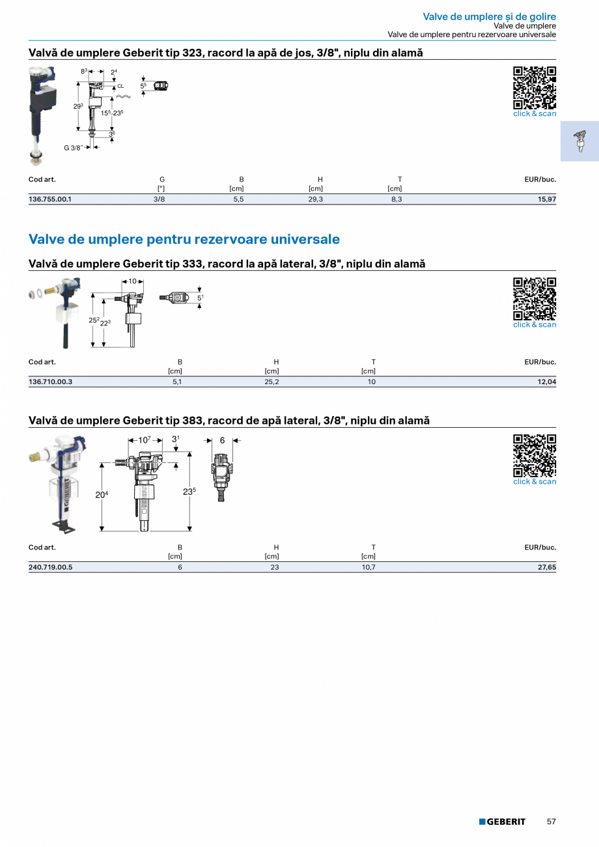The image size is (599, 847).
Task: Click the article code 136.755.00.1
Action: [x=50, y=199]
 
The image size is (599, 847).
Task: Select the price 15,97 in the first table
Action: [x=546, y=199]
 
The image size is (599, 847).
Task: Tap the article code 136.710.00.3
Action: [x=50, y=382]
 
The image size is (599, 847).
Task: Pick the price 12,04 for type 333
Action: [x=546, y=382]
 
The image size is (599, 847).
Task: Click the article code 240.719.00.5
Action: [x=50, y=567]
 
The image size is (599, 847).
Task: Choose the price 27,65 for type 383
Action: [x=546, y=567]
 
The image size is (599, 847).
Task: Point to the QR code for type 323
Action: [x=535, y=88]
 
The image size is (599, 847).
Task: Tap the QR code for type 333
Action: [x=535, y=299]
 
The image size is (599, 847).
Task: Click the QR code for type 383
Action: [x=535, y=456]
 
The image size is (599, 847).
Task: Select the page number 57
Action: [x=551, y=822]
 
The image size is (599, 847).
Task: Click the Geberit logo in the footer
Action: [x=502, y=822]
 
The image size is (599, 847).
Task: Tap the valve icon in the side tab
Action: [x=579, y=141]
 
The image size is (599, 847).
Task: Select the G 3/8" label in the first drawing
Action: [x=73, y=148]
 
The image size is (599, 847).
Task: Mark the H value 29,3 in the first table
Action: [x=315, y=199]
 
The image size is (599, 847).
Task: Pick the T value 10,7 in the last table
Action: [x=369, y=567]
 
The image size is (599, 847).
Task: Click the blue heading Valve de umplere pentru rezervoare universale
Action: [x=184, y=239]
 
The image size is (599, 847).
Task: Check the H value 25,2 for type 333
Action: [x=272, y=382]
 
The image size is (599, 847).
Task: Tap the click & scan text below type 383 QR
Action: [x=535, y=482]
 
